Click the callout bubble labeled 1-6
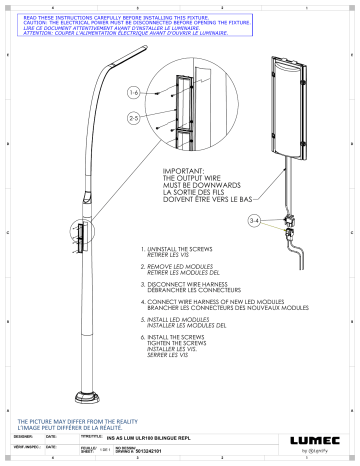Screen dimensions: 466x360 pos(134,93)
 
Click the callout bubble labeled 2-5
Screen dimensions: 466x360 pos(134,117)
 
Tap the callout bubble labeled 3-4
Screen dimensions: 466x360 pos(255,218)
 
